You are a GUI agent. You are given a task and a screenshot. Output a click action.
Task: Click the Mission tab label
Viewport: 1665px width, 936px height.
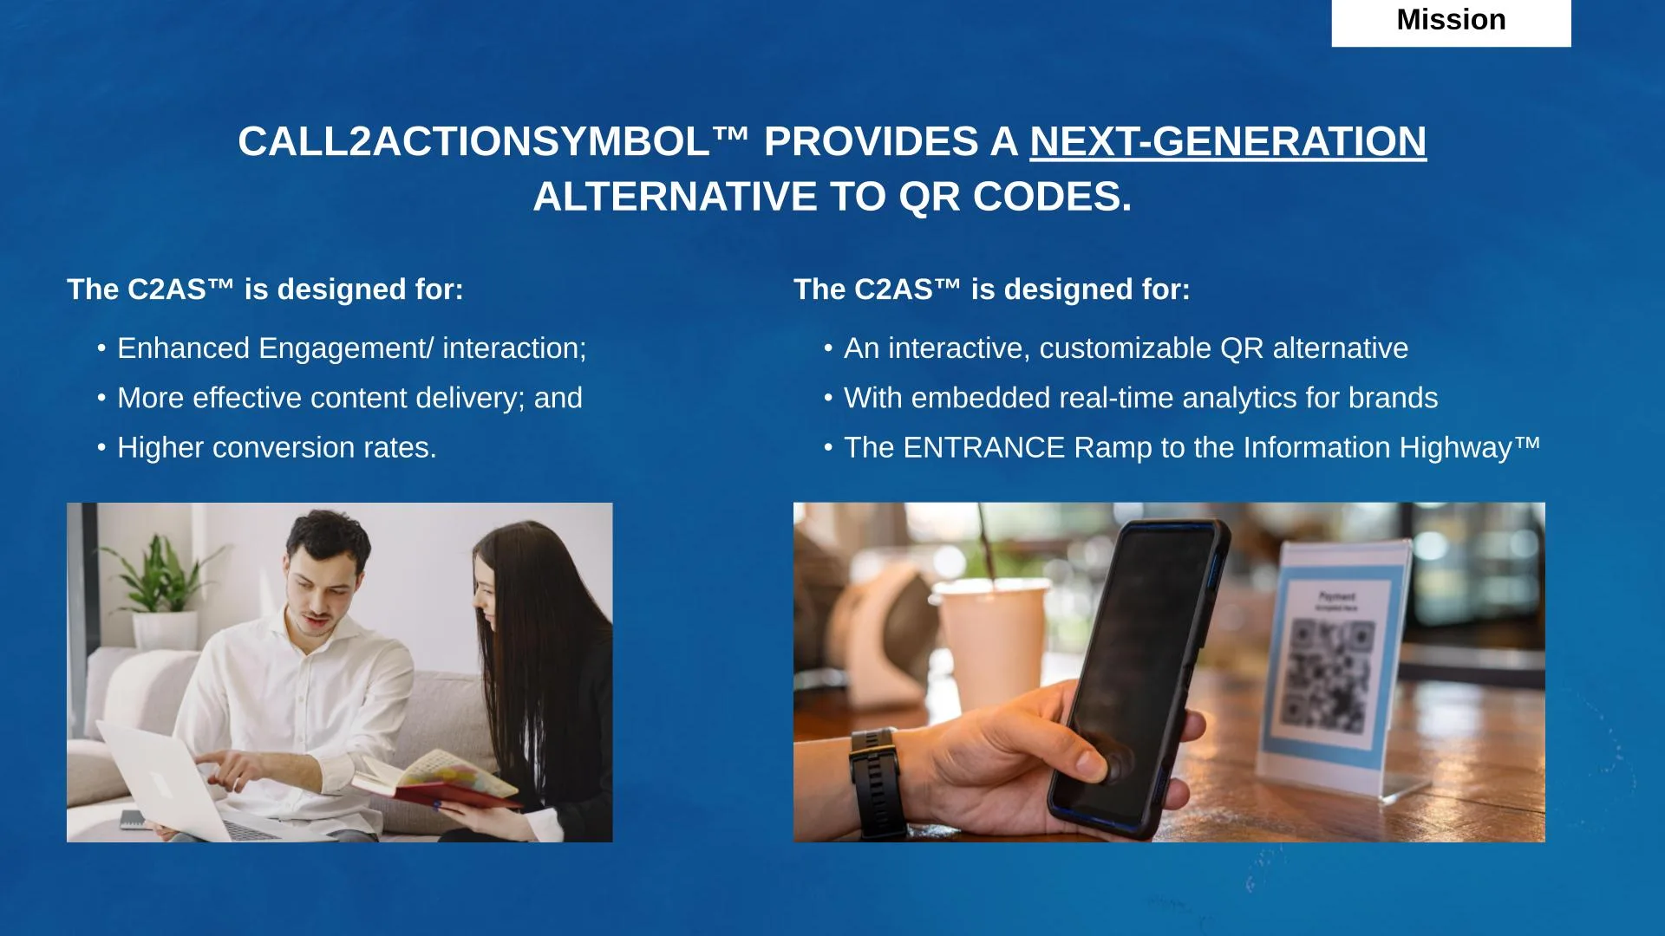pyautogui.click(x=1451, y=20)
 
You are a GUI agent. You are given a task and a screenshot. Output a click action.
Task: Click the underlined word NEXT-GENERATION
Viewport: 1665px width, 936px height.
pyautogui.click(x=1228, y=141)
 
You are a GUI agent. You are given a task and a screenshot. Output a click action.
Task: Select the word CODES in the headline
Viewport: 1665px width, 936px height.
pyautogui.click(x=1052, y=197)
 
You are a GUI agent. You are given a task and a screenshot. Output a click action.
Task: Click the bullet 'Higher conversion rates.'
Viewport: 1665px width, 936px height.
pyautogui.click(x=277, y=447)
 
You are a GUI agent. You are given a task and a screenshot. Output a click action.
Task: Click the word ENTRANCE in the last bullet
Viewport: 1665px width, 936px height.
pyautogui.click(x=983, y=447)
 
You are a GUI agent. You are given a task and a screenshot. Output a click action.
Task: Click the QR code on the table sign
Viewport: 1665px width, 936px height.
pyautogui.click(x=1327, y=677)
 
